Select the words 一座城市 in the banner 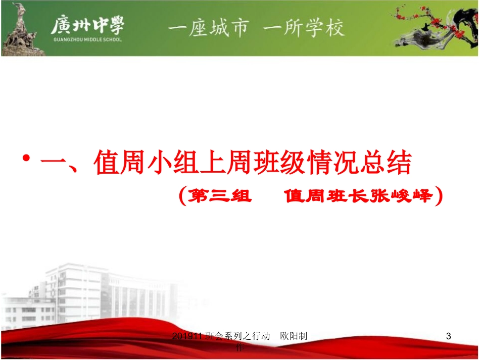pyautogui.click(x=209, y=28)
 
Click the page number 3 pyautogui.click(x=448, y=336)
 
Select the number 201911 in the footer pyautogui.click(x=188, y=336)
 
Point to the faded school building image pyautogui.click(x=91, y=293)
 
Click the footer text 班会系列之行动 pyautogui.click(x=237, y=336)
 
